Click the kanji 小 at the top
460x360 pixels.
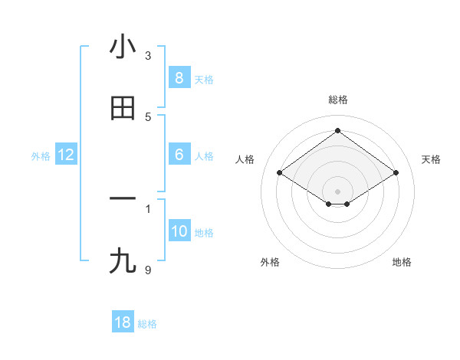coord(123,47)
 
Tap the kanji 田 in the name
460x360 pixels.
coord(123,108)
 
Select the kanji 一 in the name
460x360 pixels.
coord(123,199)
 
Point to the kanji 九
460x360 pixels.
coord(123,261)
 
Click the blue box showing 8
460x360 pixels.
coord(179,78)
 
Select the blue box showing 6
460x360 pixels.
coord(179,155)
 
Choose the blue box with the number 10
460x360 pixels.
coord(179,231)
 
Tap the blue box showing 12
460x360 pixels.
coord(66,155)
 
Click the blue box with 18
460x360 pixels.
coord(123,322)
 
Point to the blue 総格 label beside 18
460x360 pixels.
coord(147,324)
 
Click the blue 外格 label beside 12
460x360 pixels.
coord(41,156)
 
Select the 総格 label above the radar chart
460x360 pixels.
coord(337,100)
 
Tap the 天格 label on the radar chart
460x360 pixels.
coord(431,159)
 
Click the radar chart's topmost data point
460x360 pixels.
coord(337,130)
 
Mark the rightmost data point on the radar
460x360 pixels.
coord(396,173)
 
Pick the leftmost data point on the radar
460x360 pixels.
coord(280,173)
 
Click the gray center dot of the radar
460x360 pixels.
coord(337,191)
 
